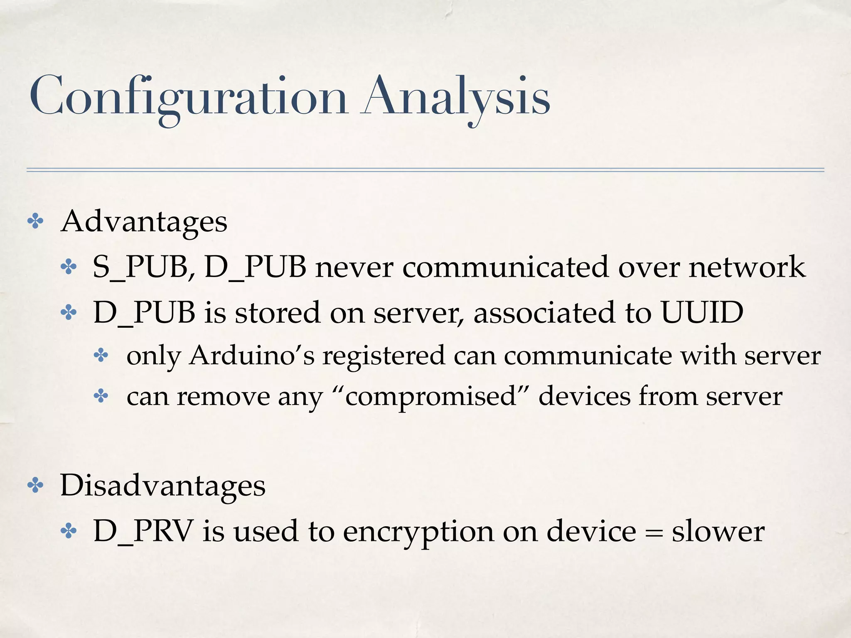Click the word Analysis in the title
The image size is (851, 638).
457,97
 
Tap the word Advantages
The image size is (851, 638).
144,222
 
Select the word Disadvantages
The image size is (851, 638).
162,486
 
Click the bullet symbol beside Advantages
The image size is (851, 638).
35,222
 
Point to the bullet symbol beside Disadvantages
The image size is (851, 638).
35,486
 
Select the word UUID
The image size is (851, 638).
702,312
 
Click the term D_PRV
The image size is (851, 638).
143,531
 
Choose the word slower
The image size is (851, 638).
718,531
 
